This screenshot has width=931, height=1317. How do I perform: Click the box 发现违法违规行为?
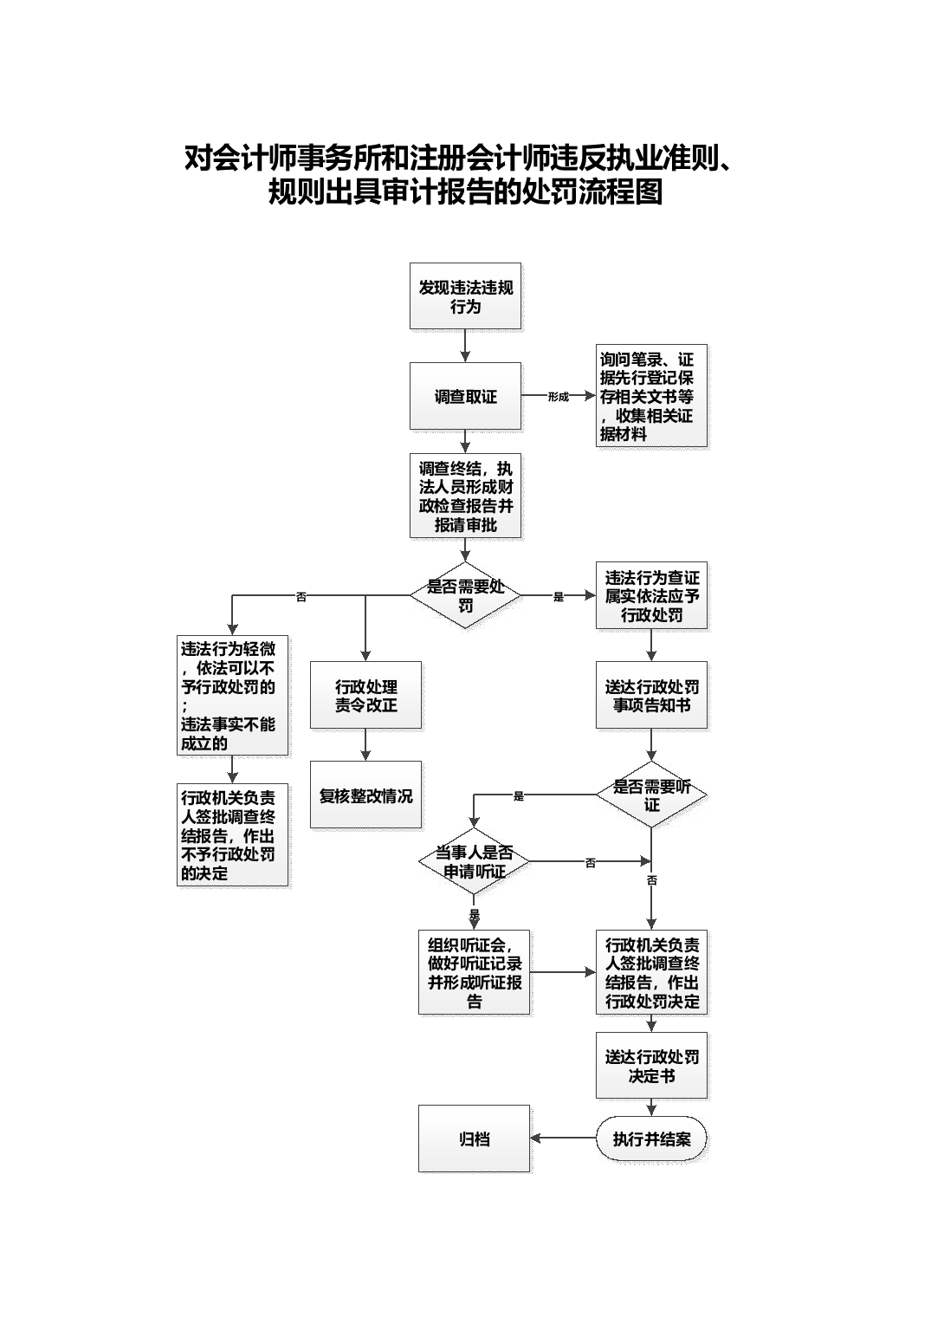click(x=465, y=295)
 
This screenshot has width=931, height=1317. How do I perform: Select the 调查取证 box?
click(x=465, y=396)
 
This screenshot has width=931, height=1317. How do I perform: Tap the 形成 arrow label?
click(x=558, y=397)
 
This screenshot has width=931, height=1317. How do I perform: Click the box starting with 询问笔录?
click(x=651, y=396)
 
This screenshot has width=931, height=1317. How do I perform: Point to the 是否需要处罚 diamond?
click(x=465, y=595)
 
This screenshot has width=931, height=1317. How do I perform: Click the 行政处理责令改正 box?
click(x=365, y=695)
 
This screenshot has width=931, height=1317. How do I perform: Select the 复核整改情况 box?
click(x=365, y=795)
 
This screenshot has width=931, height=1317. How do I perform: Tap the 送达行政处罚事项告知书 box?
click(x=651, y=695)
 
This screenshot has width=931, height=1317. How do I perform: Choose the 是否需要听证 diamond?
click(x=651, y=795)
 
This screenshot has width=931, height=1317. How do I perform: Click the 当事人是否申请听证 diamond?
click(x=474, y=861)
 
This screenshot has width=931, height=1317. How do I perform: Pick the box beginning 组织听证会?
click(x=474, y=972)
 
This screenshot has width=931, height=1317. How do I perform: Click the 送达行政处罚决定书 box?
click(x=651, y=1066)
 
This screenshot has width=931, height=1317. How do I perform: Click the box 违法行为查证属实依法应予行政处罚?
click(x=651, y=595)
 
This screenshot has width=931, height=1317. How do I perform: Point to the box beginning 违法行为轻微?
click(x=232, y=695)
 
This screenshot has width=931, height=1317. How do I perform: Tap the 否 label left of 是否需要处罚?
click(x=301, y=597)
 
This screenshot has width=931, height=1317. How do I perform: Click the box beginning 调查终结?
click(x=465, y=496)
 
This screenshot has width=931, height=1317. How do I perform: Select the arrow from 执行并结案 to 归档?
click(x=563, y=1139)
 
